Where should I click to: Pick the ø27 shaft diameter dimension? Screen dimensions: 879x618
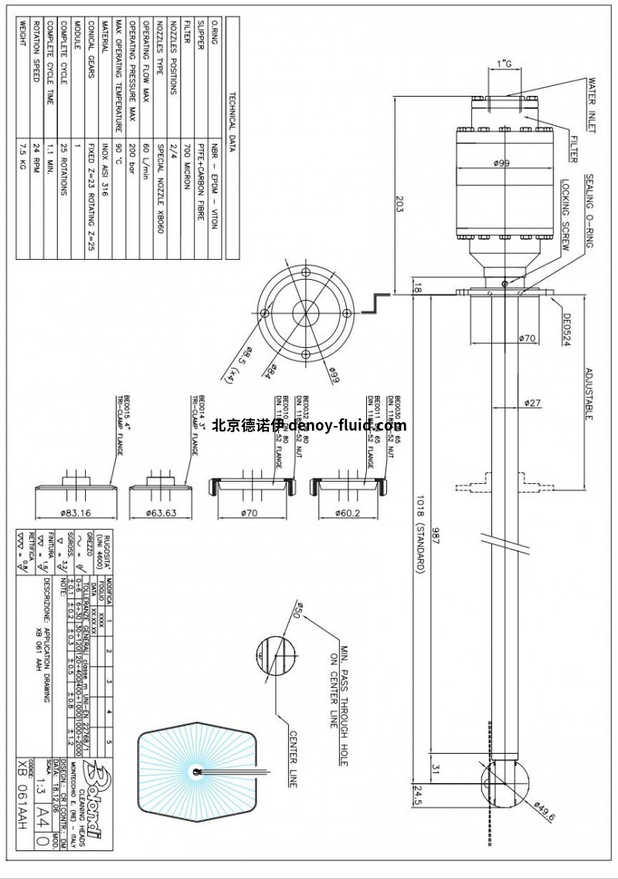click(531, 402)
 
